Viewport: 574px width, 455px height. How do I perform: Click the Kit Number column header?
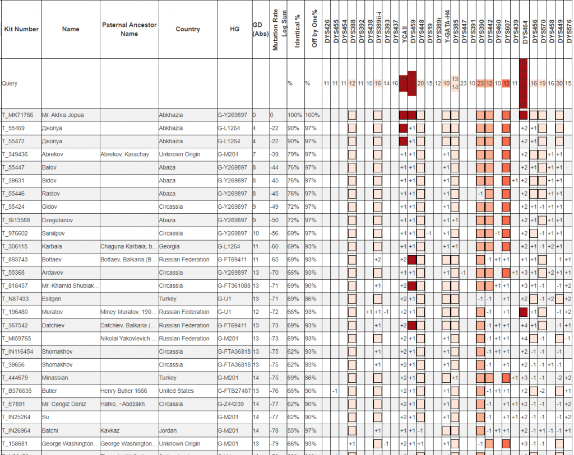(21, 29)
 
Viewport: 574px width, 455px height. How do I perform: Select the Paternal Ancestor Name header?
(129, 29)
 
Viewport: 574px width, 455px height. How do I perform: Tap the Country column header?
(188, 29)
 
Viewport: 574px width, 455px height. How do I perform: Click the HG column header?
(234, 29)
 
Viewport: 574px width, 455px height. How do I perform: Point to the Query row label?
(10, 83)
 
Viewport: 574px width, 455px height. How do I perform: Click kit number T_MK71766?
(17, 115)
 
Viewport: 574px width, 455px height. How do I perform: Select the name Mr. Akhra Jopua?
(63, 115)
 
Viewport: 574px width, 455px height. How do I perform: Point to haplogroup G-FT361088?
(234, 286)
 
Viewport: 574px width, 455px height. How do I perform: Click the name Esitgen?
(53, 299)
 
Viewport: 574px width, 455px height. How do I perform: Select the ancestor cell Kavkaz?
(110, 431)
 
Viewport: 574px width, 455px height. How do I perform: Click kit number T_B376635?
(18, 391)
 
